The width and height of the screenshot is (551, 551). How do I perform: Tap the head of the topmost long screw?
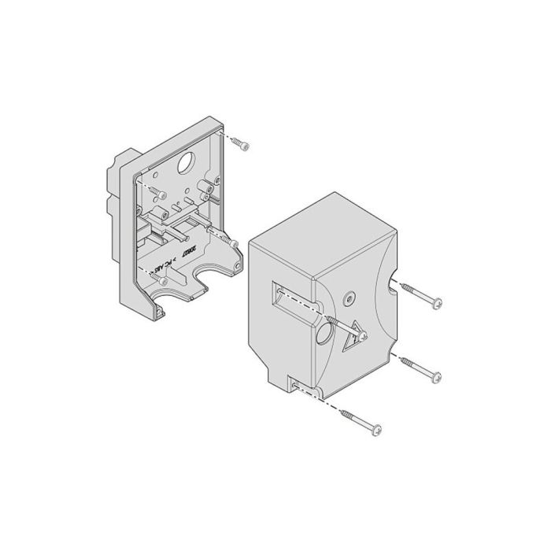435,301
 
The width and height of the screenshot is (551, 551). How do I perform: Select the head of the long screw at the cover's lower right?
435,375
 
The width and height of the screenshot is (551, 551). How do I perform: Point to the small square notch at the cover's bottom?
295,385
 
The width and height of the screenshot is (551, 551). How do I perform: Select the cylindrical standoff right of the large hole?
210,187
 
